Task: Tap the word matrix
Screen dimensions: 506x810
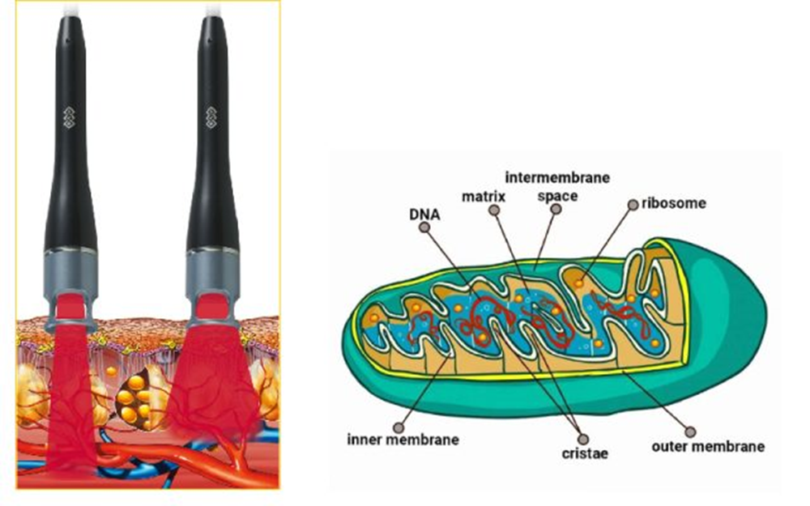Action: click(x=484, y=196)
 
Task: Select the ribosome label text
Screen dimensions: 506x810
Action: click(x=673, y=202)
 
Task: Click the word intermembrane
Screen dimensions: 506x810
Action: click(x=557, y=176)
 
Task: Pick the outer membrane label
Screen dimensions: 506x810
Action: click(x=708, y=444)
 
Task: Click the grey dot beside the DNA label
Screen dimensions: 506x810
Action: click(x=424, y=228)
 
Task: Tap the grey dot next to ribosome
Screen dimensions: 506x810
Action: click(x=633, y=205)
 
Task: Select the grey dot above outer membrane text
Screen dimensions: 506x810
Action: click(x=690, y=430)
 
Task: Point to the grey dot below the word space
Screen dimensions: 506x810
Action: click(x=555, y=210)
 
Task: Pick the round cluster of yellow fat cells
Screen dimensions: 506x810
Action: click(x=134, y=397)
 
